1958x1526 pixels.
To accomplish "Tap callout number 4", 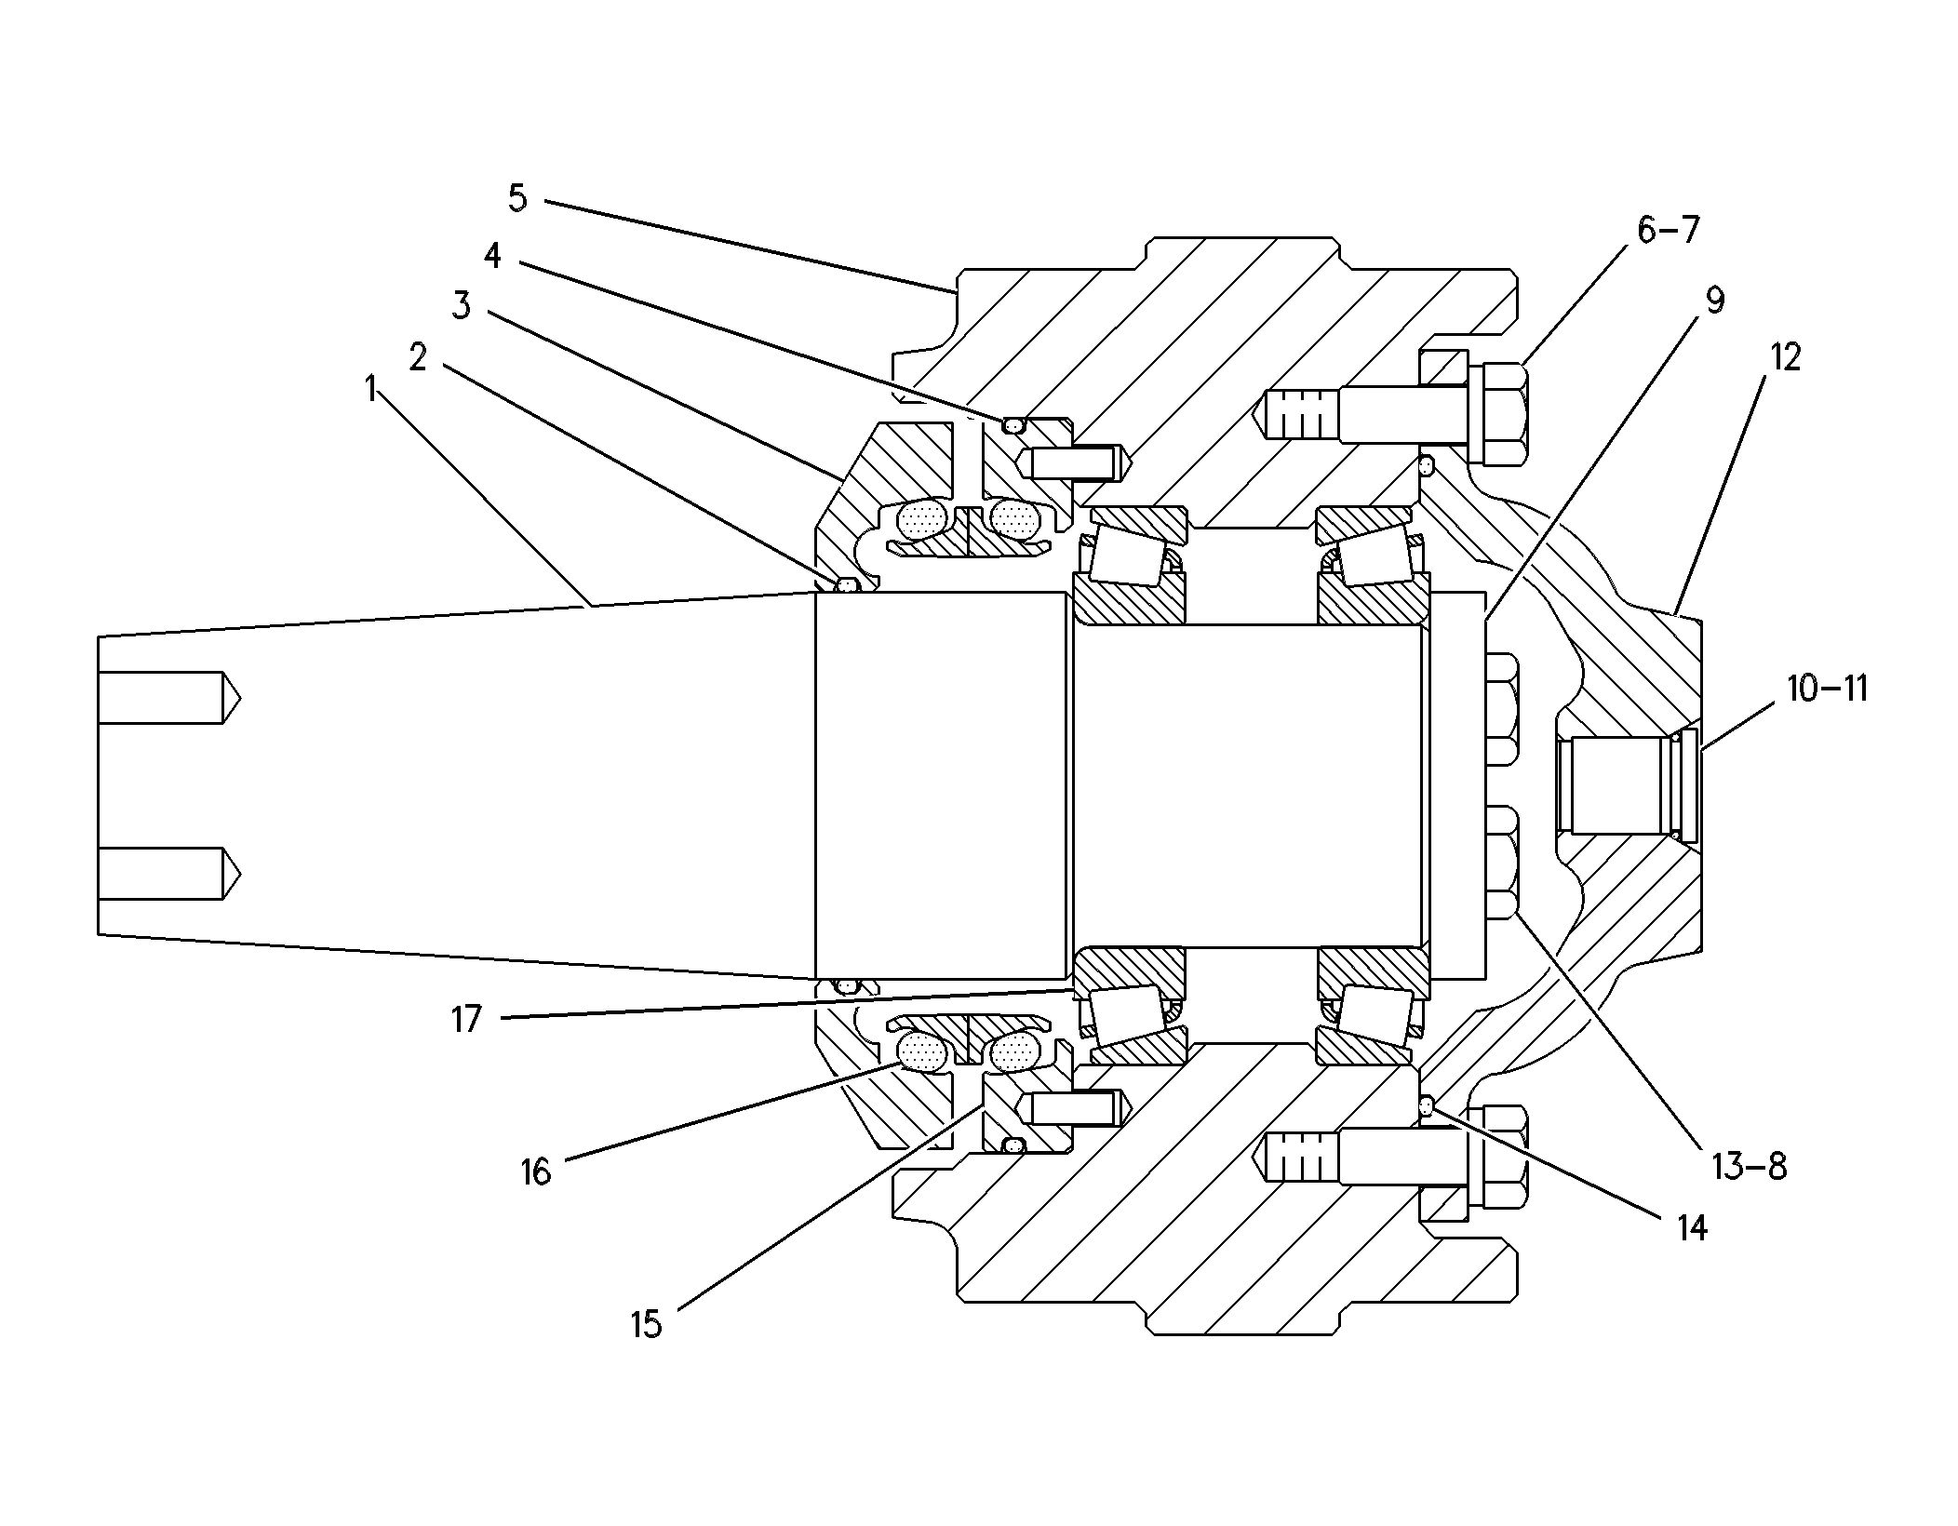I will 492,256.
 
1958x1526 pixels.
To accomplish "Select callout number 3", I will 462,305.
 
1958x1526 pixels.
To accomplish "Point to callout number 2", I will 418,355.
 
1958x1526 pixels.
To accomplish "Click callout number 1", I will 371,390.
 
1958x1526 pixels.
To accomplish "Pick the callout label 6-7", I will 1668,230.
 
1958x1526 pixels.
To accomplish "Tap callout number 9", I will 1714,301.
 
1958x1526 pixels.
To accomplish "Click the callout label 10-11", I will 1827,689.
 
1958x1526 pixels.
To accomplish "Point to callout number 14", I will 1692,1229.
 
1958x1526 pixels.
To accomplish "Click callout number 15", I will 646,1323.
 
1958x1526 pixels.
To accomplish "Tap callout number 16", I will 536,1171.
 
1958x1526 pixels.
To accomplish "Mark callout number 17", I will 467,1020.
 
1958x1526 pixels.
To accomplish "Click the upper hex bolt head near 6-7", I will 1497,414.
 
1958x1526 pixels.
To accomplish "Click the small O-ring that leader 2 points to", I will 848,585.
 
